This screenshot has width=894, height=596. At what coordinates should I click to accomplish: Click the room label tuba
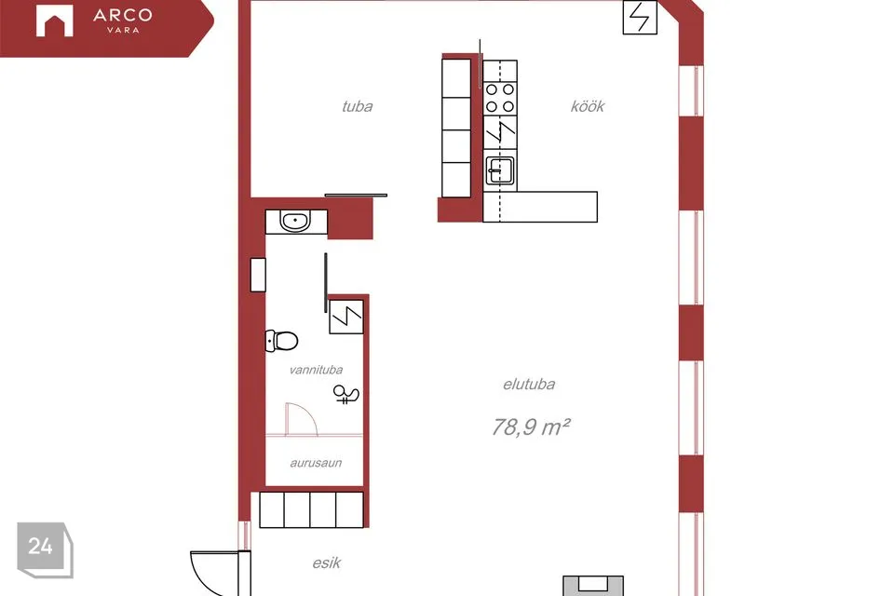tap(357, 107)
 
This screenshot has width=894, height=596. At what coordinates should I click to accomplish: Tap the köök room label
tap(588, 107)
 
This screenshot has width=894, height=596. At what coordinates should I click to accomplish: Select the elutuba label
tap(529, 385)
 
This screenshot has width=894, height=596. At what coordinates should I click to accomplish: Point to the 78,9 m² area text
tap(531, 427)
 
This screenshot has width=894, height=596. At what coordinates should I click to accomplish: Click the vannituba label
tap(316, 370)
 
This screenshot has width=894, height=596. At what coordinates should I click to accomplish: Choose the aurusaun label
tap(316, 463)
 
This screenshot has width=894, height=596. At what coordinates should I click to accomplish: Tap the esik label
tap(327, 562)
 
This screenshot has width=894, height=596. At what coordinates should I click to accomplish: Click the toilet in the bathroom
tap(281, 341)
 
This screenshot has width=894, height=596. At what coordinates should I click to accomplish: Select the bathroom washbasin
tap(295, 222)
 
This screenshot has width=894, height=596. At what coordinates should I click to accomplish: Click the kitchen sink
tap(499, 170)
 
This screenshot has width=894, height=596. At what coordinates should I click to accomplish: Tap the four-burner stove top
tap(500, 98)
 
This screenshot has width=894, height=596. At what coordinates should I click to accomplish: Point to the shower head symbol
tap(345, 394)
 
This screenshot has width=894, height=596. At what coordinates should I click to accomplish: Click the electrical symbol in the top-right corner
tap(640, 17)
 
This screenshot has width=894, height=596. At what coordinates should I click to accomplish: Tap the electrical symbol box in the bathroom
tap(346, 317)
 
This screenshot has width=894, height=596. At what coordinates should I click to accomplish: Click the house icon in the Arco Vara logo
tap(55, 21)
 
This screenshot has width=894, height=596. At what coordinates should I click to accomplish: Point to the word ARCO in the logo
tap(123, 16)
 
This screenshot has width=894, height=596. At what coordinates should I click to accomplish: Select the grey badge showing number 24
tap(45, 549)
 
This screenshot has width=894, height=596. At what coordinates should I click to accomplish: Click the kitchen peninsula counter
tap(540, 207)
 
